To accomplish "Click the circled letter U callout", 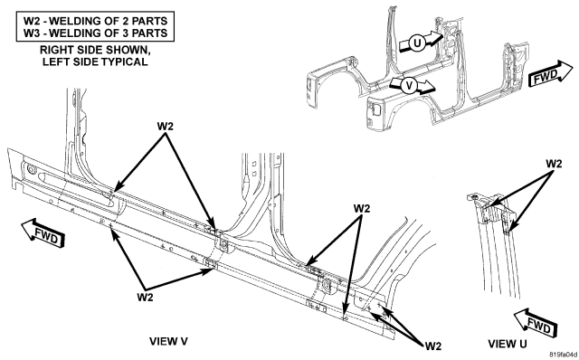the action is point(417,43).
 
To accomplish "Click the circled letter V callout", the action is point(409,86).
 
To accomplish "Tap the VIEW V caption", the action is point(168,341).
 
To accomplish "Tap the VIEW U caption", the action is point(508,344).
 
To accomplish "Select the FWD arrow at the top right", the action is point(550,74).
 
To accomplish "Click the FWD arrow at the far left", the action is point(43,233).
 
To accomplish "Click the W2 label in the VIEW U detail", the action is point(554,164).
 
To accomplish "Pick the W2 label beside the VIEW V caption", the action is point(432,346).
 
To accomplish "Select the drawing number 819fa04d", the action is point(563,355).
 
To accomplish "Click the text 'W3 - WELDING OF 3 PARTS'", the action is point(95,33).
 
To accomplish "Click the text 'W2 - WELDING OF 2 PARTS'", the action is point(95,20).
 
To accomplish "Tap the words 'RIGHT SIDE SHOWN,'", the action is point(95,50).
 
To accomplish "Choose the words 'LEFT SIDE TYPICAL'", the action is point(95,62).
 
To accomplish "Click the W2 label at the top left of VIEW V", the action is point(165,127).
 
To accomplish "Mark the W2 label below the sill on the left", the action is point(145,297).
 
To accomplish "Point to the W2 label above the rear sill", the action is point(362,209).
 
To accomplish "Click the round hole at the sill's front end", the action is point(31,170).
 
